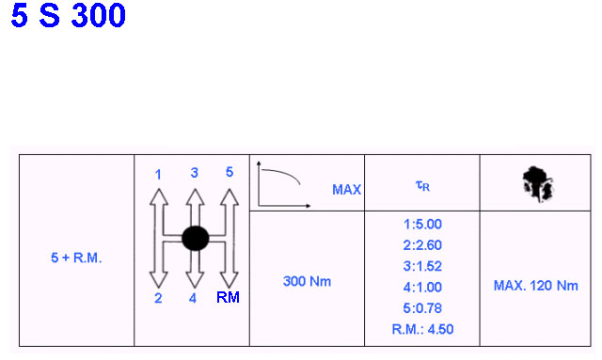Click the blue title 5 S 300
(x=68, y=15)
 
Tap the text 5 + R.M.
(x=76, y=258)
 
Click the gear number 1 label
(x=158, y=175)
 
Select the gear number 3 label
(x=195, y=173)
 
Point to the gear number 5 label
(x=230, y=172)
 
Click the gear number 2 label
(x=158, y=298)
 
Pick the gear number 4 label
(x=193, y=298)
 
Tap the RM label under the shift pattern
(x=228, y=297)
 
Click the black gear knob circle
(x=196, y=239)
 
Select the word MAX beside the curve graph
(x=346, y=190)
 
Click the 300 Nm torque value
(x=307, y=281)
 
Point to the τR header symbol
(x=422, y=186)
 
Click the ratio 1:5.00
(x=422, y=224)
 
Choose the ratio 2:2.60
(x=422, y=245)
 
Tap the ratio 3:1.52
(x=422, y=266)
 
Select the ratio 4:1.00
(x=422, y=287)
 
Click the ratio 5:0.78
(x=422, y=308)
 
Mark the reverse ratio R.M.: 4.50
(x=422, y=329)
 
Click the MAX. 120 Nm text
(x=535, y=286)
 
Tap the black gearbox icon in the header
(x=537, y=184)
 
